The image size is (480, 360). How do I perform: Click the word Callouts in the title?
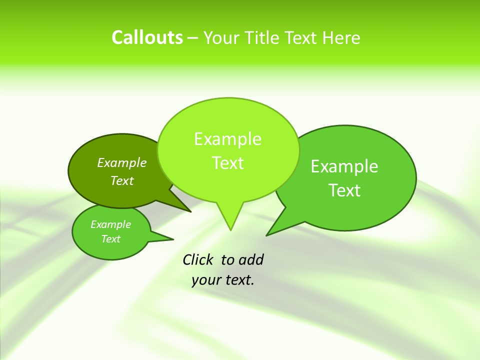point(147,37)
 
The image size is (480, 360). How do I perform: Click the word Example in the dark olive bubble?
point(122,163)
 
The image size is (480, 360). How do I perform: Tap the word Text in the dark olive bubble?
point(122,181)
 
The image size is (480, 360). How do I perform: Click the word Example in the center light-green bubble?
point(227,139)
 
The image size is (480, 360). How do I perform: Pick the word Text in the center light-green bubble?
point(228,163)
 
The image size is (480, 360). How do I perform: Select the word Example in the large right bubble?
point(344,166)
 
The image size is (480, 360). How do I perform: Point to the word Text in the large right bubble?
point(345,190)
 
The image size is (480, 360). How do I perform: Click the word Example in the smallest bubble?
point(110,224)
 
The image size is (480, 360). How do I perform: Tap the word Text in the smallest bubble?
point(110,239)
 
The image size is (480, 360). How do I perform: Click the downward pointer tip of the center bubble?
point(230,229)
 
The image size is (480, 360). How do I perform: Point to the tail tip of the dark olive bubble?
point(190,211)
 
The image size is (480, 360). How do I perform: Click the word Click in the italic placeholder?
point(198,260)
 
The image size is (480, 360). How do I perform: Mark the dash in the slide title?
point(193,38)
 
